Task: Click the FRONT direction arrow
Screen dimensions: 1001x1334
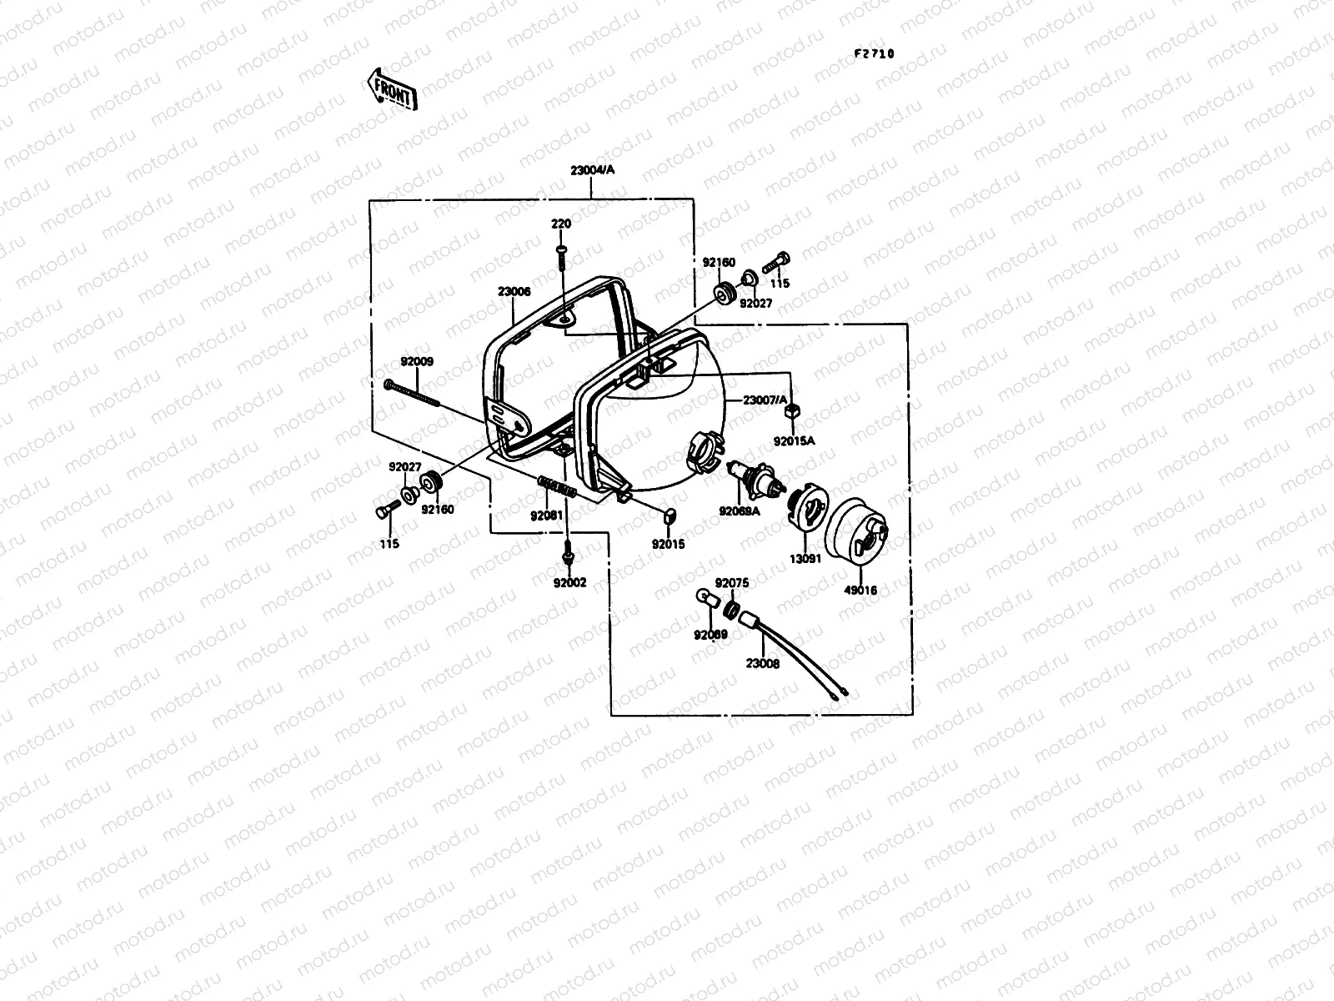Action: pos(391,88)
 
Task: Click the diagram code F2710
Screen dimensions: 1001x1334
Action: pos(874,53)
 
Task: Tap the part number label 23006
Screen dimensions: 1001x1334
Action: pos(514,292)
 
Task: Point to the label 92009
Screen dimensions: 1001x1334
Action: pos(416,362)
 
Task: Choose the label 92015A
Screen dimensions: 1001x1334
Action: pos(794,441)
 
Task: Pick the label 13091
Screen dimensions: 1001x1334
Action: pos(805,559)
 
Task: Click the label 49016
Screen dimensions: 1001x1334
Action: pos(860,590)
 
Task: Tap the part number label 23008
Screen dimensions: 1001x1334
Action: pos(763,666)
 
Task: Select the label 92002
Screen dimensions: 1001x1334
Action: pos(569,582)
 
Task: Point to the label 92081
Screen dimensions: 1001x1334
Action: pos(547,515)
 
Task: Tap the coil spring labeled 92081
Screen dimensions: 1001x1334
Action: pos(557,485)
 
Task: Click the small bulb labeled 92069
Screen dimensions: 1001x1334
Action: pos(704,598)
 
